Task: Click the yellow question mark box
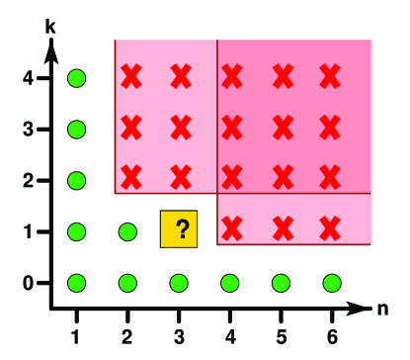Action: [179, 228]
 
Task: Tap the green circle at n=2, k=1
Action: [127, 231]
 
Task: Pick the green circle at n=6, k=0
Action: [331, 283]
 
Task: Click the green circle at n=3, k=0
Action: [179, 283]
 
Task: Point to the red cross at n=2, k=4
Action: [128, 75]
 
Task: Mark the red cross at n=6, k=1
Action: [331, 227]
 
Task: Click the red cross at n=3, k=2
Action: [179, 176]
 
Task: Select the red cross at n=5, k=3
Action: [282, 126]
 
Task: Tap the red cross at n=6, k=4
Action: [331, 75]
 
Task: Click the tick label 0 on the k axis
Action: [29, 283]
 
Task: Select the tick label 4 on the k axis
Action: [29, 77]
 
